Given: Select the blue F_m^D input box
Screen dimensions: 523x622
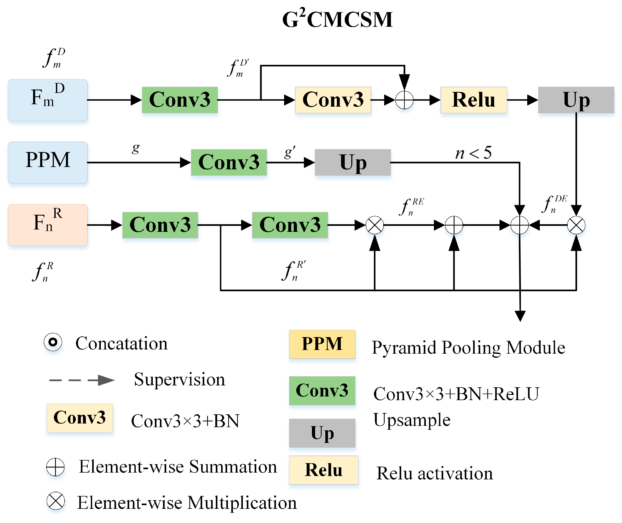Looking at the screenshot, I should point(48,100).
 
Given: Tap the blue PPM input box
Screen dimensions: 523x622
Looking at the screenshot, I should point(48,163).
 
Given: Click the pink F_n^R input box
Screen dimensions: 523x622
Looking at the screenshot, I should point(48,225).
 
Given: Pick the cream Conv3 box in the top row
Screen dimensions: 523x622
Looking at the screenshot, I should point(333,100).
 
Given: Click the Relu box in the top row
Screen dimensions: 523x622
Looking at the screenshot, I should point(473,100).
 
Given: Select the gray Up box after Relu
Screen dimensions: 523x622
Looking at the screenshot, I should point(576,100).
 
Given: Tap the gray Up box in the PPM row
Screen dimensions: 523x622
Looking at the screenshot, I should point(353,163).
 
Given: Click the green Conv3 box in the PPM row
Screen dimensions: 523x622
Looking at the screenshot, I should point(229,163).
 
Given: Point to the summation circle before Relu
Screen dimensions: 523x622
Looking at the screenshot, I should point(404,100).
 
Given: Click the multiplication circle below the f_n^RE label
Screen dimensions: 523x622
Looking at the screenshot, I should point(375,225).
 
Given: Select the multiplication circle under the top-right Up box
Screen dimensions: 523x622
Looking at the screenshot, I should point(576,225).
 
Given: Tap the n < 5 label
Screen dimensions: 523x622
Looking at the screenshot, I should point(473,153).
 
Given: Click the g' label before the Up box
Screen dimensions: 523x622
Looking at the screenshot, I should point(289,152).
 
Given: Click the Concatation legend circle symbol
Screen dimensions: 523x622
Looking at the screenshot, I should point(53,342).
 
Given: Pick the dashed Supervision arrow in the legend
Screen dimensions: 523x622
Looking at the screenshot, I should point(82,380).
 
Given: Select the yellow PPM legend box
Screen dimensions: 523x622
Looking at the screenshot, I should point(322,344).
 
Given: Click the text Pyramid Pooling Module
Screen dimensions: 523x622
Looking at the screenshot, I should point(468,347).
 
